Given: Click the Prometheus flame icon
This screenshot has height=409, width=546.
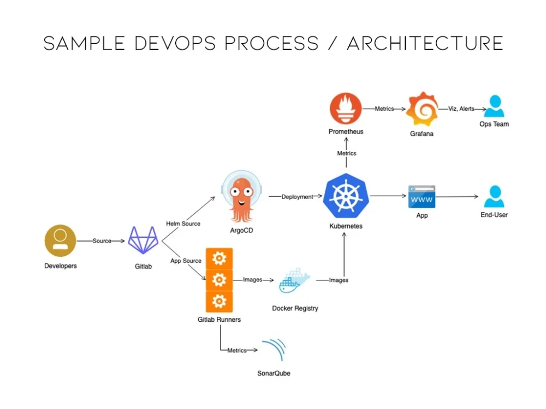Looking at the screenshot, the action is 346,109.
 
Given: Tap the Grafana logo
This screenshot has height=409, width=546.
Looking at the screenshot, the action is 422,109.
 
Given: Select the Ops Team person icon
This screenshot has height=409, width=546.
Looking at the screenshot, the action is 494,106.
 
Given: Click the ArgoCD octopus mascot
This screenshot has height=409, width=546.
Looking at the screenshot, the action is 242,196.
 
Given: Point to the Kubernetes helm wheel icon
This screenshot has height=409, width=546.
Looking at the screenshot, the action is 346,196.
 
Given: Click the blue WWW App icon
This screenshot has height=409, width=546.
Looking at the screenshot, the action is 422,197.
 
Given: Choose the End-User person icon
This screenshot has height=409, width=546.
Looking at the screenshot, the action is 495,196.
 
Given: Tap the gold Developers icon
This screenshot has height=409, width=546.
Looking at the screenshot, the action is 60,240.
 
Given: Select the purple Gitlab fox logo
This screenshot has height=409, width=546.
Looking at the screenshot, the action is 143,240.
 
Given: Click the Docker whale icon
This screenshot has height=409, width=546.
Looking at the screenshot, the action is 294,281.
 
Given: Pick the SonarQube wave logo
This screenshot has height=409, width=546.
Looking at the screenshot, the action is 275,349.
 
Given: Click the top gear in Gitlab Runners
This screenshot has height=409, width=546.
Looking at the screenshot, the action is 219,258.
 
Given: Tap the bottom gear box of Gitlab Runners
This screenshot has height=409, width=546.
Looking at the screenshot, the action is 219,302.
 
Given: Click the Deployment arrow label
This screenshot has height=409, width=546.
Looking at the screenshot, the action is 297,197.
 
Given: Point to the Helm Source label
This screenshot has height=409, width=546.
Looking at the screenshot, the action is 183,224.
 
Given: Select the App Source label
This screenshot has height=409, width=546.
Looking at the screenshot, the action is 186,261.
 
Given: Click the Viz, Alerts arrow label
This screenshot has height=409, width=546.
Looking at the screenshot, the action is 461,109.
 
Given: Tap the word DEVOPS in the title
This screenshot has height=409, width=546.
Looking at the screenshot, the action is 175,44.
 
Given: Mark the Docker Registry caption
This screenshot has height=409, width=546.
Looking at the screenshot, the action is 295,308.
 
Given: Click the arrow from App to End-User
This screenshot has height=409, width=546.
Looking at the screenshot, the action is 457,196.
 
